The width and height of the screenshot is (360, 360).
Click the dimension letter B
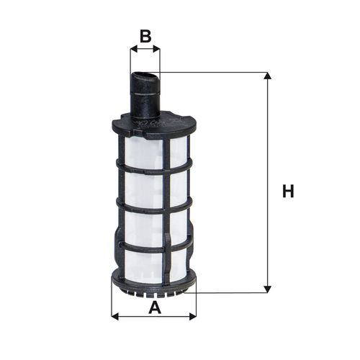click(x=145, y=36)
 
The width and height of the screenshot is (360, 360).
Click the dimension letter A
click(x=155, y=308)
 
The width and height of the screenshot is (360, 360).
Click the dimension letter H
click(x=288, y=191)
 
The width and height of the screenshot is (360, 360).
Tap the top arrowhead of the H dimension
click(x=267, y=76)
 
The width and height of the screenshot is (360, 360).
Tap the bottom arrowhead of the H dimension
click(x=267, y=289)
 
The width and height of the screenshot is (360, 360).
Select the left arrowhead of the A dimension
click(x=115, y=316)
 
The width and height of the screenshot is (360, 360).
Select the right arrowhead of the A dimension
click(x=193, y=316)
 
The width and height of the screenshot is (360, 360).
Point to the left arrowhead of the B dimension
click(x=133, y=49)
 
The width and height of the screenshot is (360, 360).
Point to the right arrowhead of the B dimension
click(x=156, y=49)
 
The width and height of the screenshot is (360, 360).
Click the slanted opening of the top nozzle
click(x=145, y=76)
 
